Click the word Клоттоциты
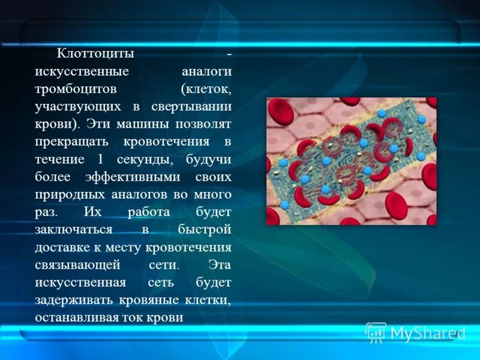[x=94, y=54]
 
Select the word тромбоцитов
[x=74, y=89]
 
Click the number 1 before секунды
[x=100, y=160]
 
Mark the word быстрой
[x=205, y=230]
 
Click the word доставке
[x=61, y=248]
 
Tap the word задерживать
[x=72, y=301]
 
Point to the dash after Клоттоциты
[x=229, y=54]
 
